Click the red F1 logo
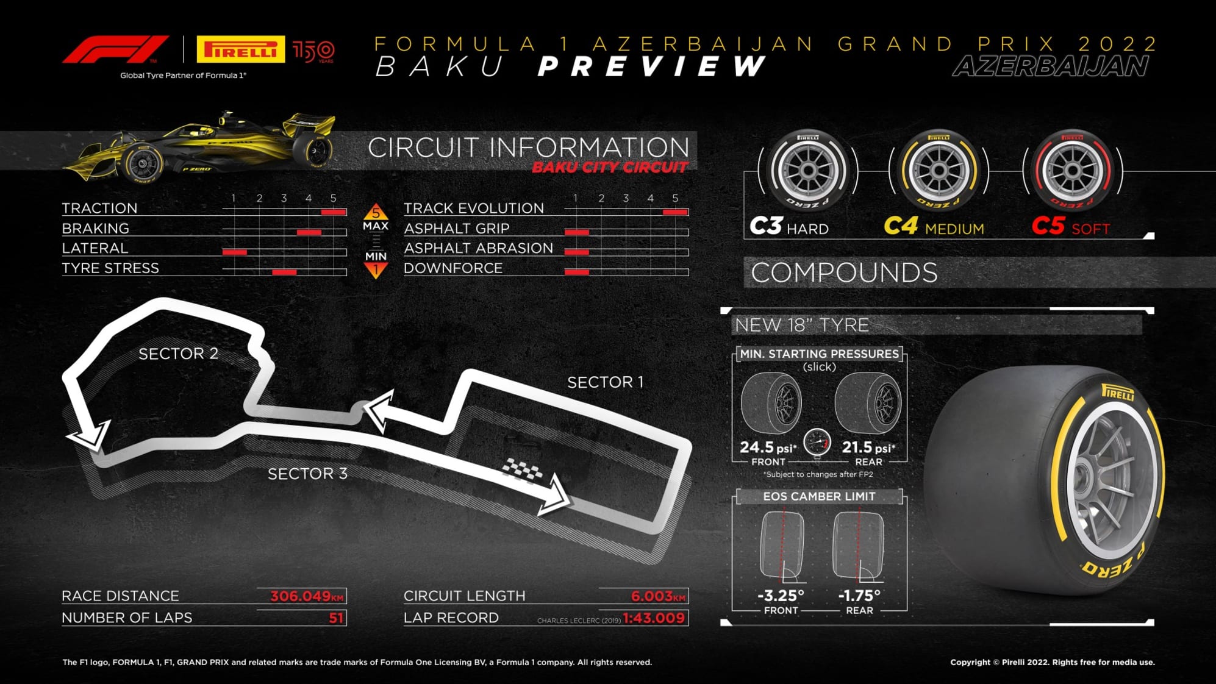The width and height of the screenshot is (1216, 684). point(115,49)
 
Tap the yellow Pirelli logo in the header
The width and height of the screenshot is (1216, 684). point(240,49)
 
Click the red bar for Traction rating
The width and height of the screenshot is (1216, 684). point(334,212)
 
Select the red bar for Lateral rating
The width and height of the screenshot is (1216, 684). point(235,252)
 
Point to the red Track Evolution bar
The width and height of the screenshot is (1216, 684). point(676,212)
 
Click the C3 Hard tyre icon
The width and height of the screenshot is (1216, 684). point(808,170)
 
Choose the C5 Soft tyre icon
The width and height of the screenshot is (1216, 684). point(1072,170)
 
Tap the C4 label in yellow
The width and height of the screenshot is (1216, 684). point(901,226)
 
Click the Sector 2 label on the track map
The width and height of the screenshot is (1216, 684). point(178,354)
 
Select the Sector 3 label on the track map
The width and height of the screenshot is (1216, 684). point(307,474)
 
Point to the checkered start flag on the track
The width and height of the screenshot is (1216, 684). point(522,469)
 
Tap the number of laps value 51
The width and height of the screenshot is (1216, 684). point(336,618)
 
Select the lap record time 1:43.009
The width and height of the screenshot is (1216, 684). point(654,618)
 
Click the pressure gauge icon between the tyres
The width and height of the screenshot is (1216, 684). point(817,443)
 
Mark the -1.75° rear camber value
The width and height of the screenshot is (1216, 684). point(859,596)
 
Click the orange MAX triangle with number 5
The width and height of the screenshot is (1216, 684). point(376,212)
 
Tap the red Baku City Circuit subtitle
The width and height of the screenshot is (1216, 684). point(609,168)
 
